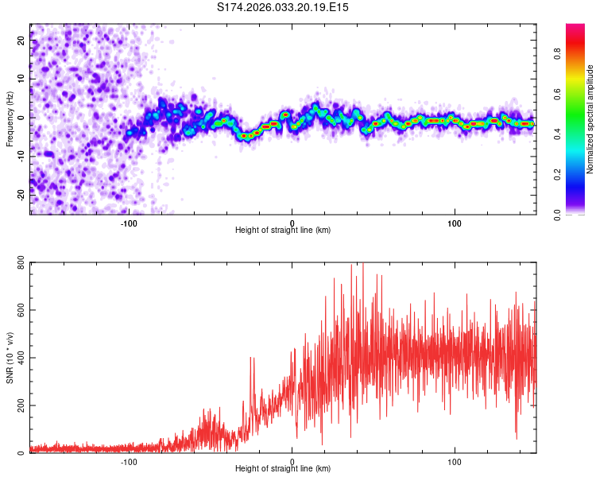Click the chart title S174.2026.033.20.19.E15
point(283,7)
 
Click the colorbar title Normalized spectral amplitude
point(590,119)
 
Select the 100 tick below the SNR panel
point(455,461)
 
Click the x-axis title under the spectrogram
point(283,231)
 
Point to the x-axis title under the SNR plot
point(283,469)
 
